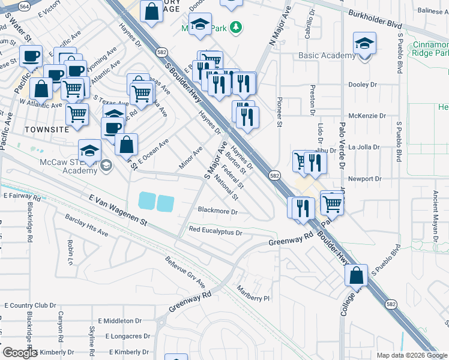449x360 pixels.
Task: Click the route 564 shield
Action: [24, 6]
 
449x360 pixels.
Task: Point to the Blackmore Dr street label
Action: [218, 212]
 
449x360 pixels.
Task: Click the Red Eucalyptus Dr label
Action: [215, 231]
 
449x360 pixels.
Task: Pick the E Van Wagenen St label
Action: [118, 209]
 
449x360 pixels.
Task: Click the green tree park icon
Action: [237, 26]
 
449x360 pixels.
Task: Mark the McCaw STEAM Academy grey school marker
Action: [106, 165]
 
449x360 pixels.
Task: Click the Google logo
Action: [20, 353]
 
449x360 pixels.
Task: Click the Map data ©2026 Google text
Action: [412, 355]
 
